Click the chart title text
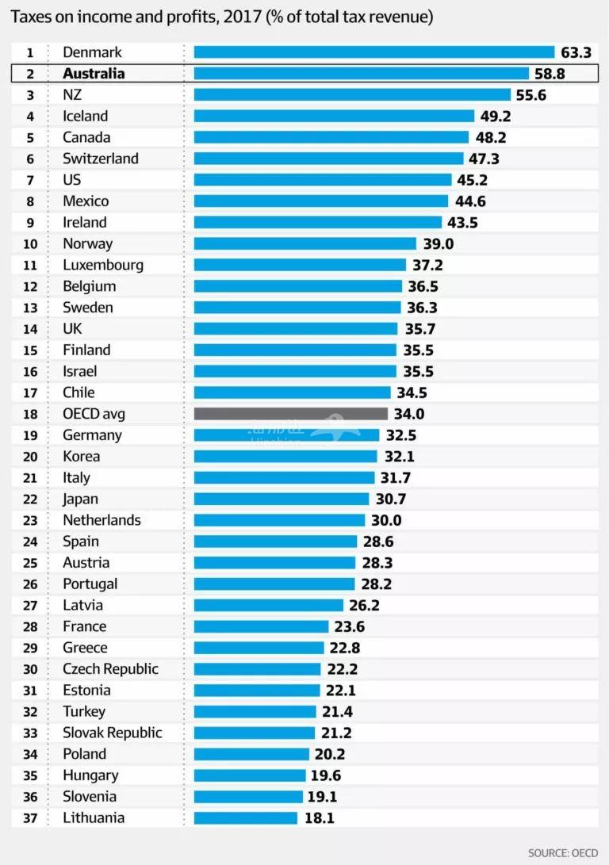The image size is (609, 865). [222, 17]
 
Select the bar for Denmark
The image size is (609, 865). [373, 52]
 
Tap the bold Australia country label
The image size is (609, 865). [94, 74]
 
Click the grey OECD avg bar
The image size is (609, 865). [290, 414]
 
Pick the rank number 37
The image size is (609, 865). [30, 818]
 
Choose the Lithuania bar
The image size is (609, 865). [245, 818]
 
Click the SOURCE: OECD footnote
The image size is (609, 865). [563, 853]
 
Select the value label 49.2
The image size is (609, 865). [496, 117]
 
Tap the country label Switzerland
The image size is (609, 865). [101, 159]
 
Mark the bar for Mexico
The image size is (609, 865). [320, 201]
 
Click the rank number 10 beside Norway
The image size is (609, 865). [30, 243]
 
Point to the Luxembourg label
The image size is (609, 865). [103, 265]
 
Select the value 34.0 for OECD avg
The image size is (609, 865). [409, 414]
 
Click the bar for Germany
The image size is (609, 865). [286, 435]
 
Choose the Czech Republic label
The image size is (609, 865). [110, 669]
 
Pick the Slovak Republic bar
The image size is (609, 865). [255, 733]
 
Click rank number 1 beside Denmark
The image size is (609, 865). [30, 52]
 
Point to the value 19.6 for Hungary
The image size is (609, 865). [326, 775]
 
